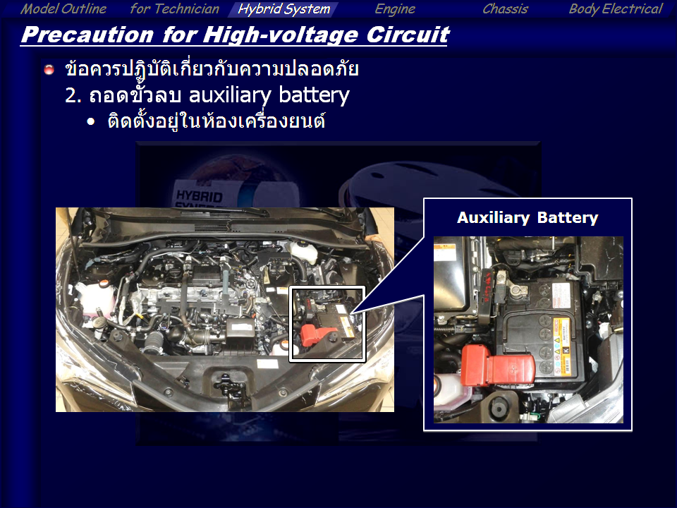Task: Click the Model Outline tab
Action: click(63, 8)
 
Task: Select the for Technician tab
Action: click(174, 8)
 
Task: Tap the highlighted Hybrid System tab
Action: click(283, 9)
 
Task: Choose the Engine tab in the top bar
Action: click(395, 8)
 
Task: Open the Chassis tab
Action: click(505, 8)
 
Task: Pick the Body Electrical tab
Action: click(615, 8)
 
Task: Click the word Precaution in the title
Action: click(87, 35)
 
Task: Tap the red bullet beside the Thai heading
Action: click(49, 69)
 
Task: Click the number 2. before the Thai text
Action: click(73, 95)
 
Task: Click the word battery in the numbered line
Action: click(314, 95)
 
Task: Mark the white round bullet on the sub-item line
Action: click(91, 122)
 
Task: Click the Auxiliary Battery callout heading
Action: click(527, 218)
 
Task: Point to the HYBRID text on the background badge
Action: click(199, 195)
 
